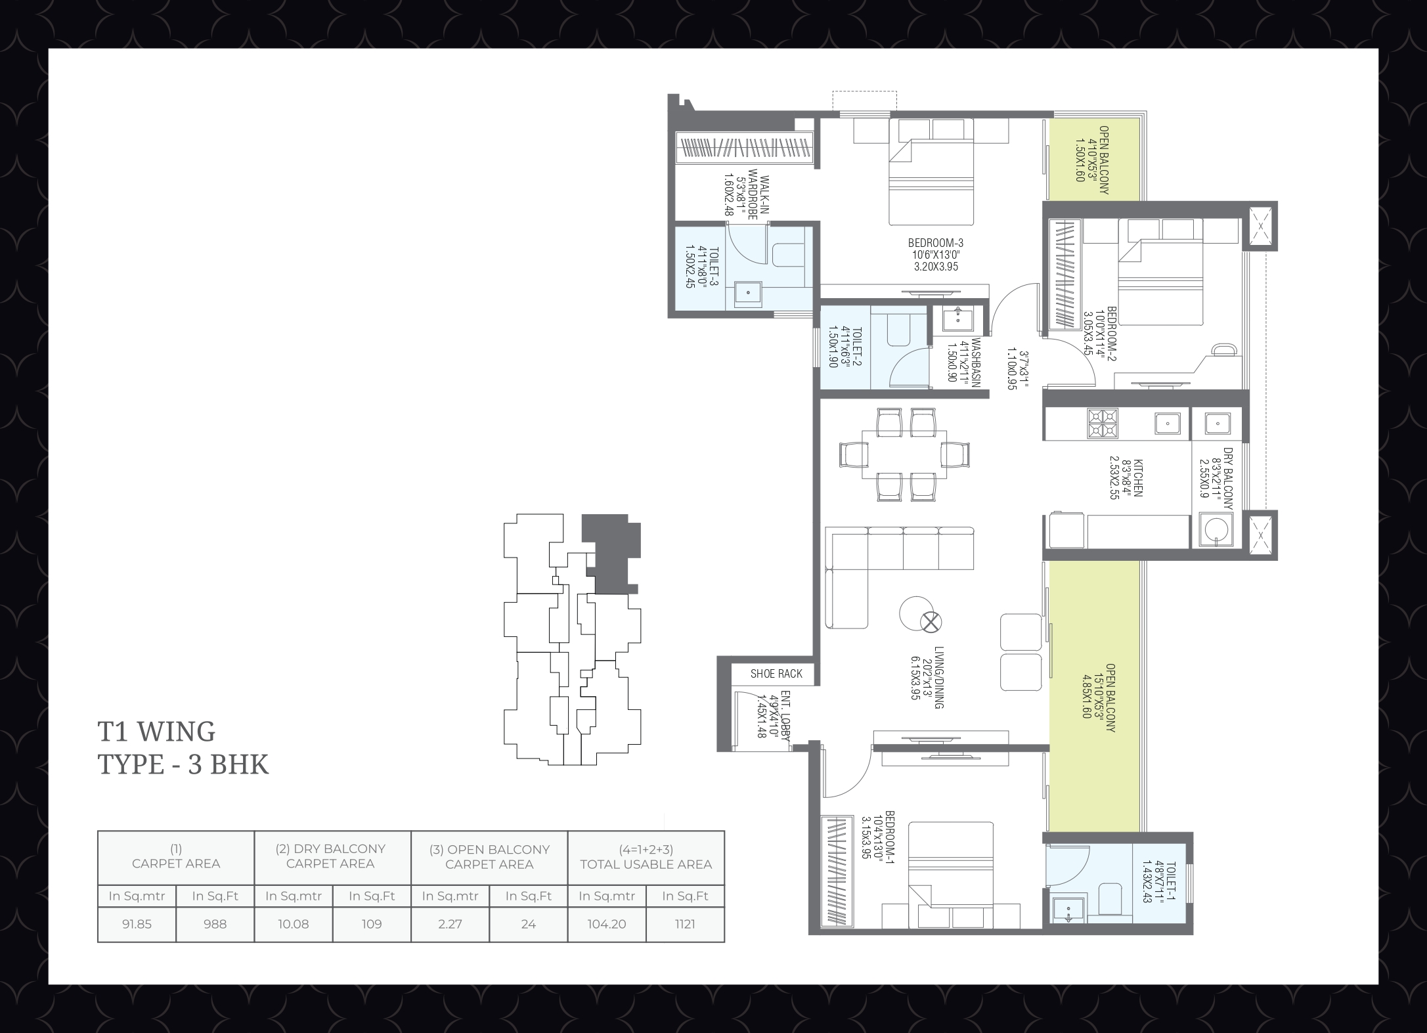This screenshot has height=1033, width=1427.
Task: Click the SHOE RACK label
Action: pos(776,674)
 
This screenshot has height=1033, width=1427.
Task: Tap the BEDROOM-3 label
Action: pos(935,243)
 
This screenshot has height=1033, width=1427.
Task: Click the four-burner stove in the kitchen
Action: pos(1102,423)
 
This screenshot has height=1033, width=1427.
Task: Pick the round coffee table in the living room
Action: pos(917,613)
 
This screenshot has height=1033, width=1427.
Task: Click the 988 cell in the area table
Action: pos(215,924)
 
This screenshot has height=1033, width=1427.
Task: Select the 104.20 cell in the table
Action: pos(607,924)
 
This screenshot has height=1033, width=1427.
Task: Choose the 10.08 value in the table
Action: pos(293,924)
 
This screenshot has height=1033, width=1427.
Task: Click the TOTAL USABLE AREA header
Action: pos(646,864)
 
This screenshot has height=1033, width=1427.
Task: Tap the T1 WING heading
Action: pos(156,731)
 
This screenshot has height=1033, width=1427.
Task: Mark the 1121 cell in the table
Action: pos(685,924)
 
